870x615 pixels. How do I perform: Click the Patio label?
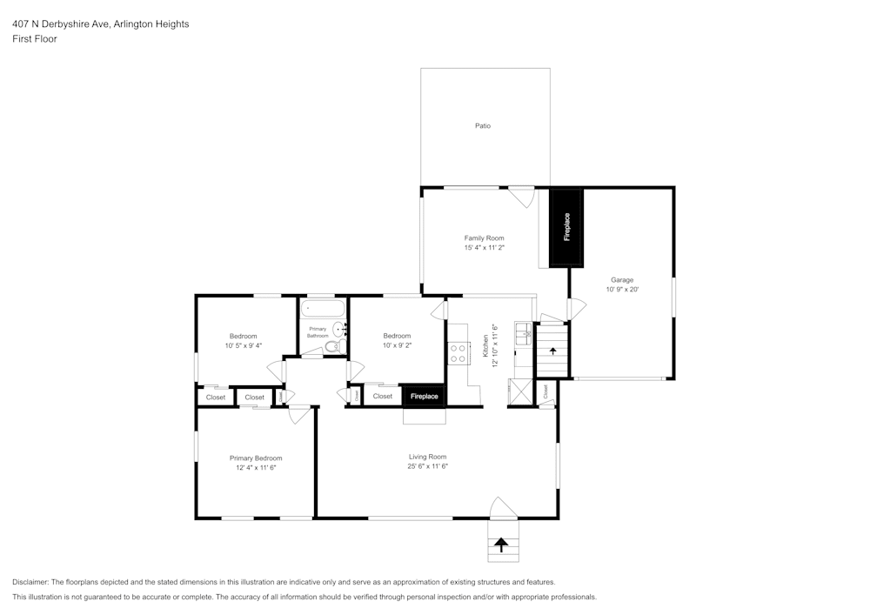tap(483, 126)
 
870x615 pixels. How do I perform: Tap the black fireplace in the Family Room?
tap(566, 227)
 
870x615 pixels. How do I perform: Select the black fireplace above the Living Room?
tap(424, 396)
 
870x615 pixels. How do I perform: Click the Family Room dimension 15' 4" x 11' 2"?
tap(484, 248)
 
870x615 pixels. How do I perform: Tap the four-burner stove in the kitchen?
tap(458, 353)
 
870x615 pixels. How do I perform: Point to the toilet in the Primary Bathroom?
tap(331, 347)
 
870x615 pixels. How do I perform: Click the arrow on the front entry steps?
tap(501, 545)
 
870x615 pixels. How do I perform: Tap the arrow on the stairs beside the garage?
tap(552, 351)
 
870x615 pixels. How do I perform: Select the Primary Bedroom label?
tap(256, 458)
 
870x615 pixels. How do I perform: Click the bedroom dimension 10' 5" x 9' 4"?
tap(244, 345)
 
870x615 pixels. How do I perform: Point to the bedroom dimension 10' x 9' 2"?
tap(397, 345)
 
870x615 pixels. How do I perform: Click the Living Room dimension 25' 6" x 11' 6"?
tap(427, 466)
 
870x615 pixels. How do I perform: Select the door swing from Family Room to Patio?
tap(522, 197)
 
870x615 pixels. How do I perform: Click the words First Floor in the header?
tap(35, 39)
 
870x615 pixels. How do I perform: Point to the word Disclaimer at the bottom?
tap(30, 582)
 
